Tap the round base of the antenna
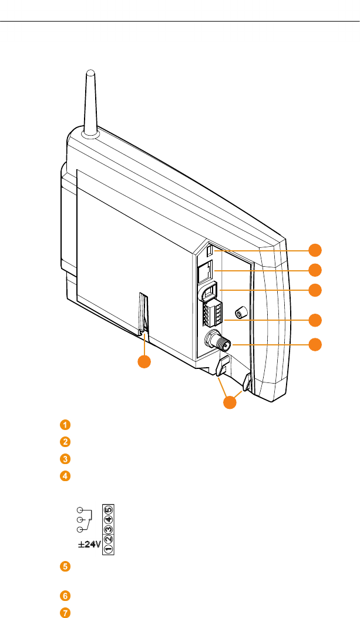pyautogui.click(x=90, y=133)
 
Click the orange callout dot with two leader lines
pyautogui.click(x=230, y=404)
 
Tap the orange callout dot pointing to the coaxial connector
pyautogui.click(x=315, y=344)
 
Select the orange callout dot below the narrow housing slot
pyautogui.click(x=144, y=362)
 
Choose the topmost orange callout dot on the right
pyautogui.click(x=315, y=250)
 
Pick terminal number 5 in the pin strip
pyautogui.click(x=109, y=509)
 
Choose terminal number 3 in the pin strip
pyautogui.click(x=109, y=528)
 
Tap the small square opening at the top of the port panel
pyautogui.click(x=210, y=250)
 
